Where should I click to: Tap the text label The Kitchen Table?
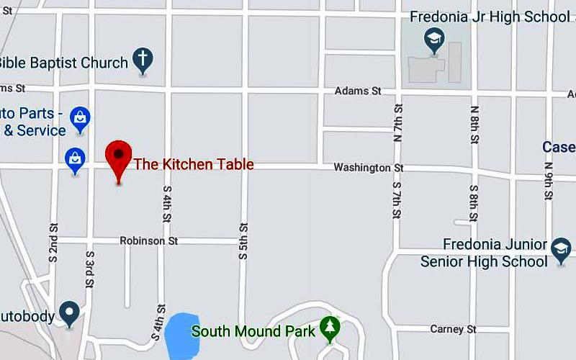point(194,164)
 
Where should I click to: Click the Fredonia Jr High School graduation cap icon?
point(434,40)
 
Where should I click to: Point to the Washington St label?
point(369,168)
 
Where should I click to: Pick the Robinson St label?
point(149,240)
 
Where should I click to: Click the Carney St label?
point(454,329)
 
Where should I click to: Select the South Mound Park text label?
point(253,331)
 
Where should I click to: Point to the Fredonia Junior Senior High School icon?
point(560,250)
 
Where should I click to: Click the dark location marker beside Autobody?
point(69,312)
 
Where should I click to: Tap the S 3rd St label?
point(90,269)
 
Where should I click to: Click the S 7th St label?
point(397,201)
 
